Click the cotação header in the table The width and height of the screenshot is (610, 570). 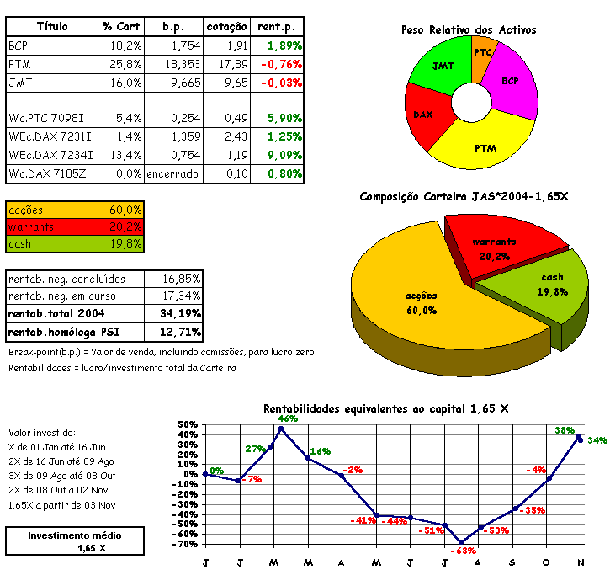coord(226,26)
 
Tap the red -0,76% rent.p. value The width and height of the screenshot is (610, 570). coord(282,64)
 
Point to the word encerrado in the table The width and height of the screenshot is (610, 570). coord(172,174)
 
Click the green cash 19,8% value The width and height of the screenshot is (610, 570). coord(125,244)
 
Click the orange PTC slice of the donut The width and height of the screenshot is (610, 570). coord(483,53)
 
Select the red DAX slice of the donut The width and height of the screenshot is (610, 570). coord(423,113)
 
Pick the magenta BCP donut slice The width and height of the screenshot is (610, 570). coord(510,83)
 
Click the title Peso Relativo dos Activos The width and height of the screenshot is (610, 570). coord(469,29)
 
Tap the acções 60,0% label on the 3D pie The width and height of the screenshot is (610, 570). coord(421,303)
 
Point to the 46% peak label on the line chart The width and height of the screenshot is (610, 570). coord(288,418)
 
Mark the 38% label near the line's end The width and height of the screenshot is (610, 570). coord(565,430)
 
